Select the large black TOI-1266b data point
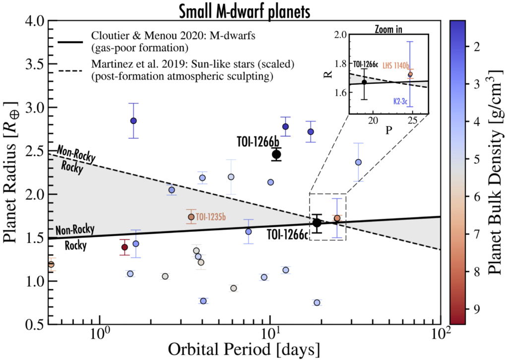pos(277,154)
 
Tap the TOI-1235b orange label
pos(211,217)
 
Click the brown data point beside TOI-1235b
pos(191,217)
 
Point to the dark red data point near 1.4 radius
pos(125,247)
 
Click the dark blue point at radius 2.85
pos(133,121)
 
